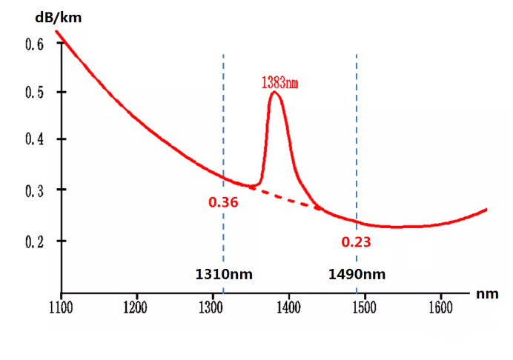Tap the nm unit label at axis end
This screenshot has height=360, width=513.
click(487, 294)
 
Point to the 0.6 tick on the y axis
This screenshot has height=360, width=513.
click(36, 44)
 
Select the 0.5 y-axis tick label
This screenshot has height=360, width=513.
click(36, 93)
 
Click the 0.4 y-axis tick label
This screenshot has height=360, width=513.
click(36, 139)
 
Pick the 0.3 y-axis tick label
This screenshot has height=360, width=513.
click(36, 190)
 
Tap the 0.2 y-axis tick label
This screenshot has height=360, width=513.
click(36, 241)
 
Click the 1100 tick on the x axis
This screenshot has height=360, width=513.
click(61, 306)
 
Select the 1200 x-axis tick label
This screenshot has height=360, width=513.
click(136, 306)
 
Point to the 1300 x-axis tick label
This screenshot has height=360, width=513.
click(212, 306)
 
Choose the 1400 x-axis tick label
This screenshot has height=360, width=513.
click(288, 306)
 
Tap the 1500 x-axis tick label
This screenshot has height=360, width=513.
click(364, 306)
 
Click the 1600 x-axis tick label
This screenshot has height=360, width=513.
click(440, 306)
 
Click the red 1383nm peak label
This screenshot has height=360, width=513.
click(279, 82)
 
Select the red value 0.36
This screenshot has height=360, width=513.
click(223, 202)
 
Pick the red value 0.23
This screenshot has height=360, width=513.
click(356, 241)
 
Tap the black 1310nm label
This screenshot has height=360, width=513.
click(224, 275)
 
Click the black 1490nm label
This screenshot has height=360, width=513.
click(357, 275)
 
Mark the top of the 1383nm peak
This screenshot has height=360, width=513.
click(275, 92)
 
